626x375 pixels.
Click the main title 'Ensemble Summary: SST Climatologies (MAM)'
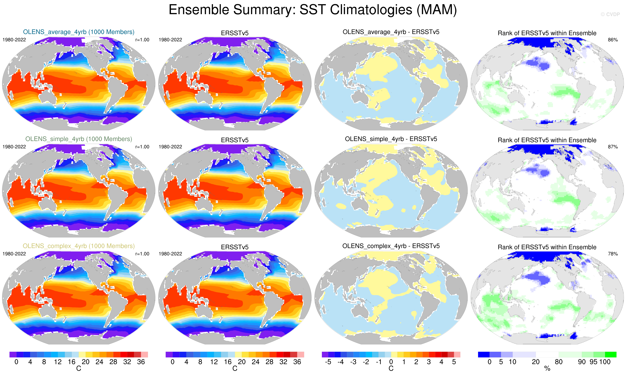click(313, 10)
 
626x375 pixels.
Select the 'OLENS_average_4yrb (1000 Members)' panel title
click(79, 32)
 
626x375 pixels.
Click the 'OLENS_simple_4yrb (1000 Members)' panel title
click(79, 139)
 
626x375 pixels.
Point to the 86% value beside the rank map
click(613, 40)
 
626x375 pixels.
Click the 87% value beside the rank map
click(613, 147)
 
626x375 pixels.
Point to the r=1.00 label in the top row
click(142, 40)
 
